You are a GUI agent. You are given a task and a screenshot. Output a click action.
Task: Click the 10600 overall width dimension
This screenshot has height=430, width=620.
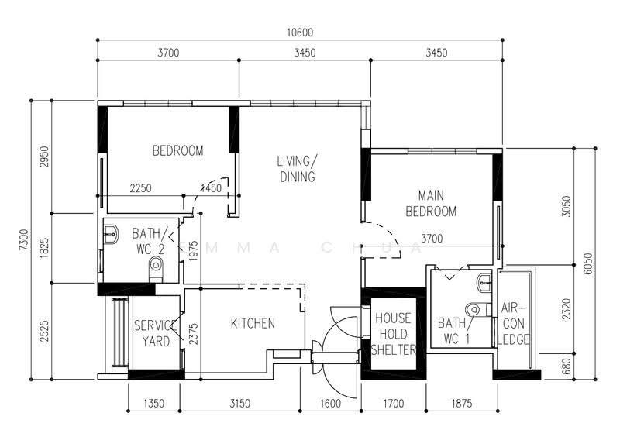click(x=300, y=33)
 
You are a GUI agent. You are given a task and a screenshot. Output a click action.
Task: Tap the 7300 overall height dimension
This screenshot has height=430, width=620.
click(x=24, y=240)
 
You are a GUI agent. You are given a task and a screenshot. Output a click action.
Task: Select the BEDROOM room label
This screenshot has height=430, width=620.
click(x=178, y=150)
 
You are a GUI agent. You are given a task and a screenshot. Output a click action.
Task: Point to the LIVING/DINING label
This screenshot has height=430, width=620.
click(x=297, y=169)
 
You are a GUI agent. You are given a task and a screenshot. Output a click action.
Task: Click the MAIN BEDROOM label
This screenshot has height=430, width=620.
click(x=431, y=203)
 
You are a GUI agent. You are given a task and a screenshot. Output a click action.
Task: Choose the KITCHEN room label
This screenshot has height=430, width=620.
click(x=253, y=323)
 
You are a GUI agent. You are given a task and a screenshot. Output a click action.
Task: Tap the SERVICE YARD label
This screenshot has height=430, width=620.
click(x=156, y=333)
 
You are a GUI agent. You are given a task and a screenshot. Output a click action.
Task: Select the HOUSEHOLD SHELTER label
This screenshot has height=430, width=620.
click(x=394, y=334)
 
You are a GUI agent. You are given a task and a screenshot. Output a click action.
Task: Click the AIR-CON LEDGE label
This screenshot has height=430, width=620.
click(x=514, y=324)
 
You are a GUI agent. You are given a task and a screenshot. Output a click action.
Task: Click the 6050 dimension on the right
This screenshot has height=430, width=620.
click(x=588, y=263)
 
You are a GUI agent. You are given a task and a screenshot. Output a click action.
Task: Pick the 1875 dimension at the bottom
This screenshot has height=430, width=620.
click(x=462, y=404)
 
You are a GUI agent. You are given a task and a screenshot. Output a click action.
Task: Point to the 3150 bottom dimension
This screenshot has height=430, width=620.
click(x=240, y=404)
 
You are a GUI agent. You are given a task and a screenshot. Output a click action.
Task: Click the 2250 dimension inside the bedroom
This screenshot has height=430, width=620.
click(x=141, y=188)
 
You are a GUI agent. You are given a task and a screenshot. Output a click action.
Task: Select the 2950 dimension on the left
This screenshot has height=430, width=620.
click(x=44, y=157)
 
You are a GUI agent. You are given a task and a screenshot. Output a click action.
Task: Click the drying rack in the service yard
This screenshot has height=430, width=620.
click(x=119, y=332)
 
